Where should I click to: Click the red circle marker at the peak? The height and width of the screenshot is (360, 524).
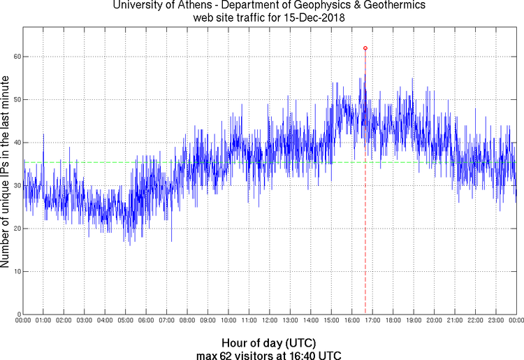pos(365,48)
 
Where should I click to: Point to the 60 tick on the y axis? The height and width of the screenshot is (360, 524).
pos(16,57)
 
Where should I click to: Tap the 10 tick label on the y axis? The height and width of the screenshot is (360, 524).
pos(16,271)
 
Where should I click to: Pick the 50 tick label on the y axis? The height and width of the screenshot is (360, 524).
pos(16,99)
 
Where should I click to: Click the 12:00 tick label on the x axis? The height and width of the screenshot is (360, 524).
pos(269,320)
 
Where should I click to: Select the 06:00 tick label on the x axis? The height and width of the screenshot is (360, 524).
pos(146,320)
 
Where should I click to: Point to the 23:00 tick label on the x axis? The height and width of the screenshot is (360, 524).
pos(495,320)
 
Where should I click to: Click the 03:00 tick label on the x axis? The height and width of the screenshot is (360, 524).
pos(84,320)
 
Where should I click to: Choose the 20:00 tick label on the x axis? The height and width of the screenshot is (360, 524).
pos(434,320)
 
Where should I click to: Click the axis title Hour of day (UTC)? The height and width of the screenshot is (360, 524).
pos(269,343)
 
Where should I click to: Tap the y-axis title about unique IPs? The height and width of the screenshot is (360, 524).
pos(6,173)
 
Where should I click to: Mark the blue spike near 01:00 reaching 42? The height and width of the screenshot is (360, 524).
pos(43,134)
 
